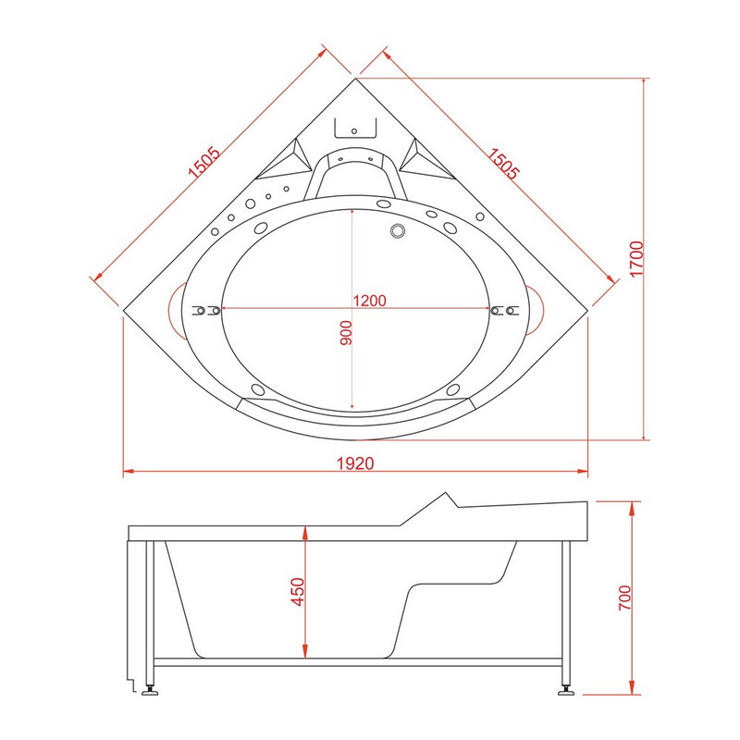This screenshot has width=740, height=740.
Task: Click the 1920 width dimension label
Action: point(355,463)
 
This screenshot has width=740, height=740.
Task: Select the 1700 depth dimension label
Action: point(636,259)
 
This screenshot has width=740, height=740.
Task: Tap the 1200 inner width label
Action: point(369,301)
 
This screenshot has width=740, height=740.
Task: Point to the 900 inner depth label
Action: point(346,333)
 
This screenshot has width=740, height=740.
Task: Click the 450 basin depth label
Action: point(298,591)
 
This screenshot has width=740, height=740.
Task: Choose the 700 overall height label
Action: point(625,598)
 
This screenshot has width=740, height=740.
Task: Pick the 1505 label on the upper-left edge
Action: point(203,162)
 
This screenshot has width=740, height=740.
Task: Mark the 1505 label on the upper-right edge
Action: point(503,164)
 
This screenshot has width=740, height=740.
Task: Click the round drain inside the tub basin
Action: point(398,230)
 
